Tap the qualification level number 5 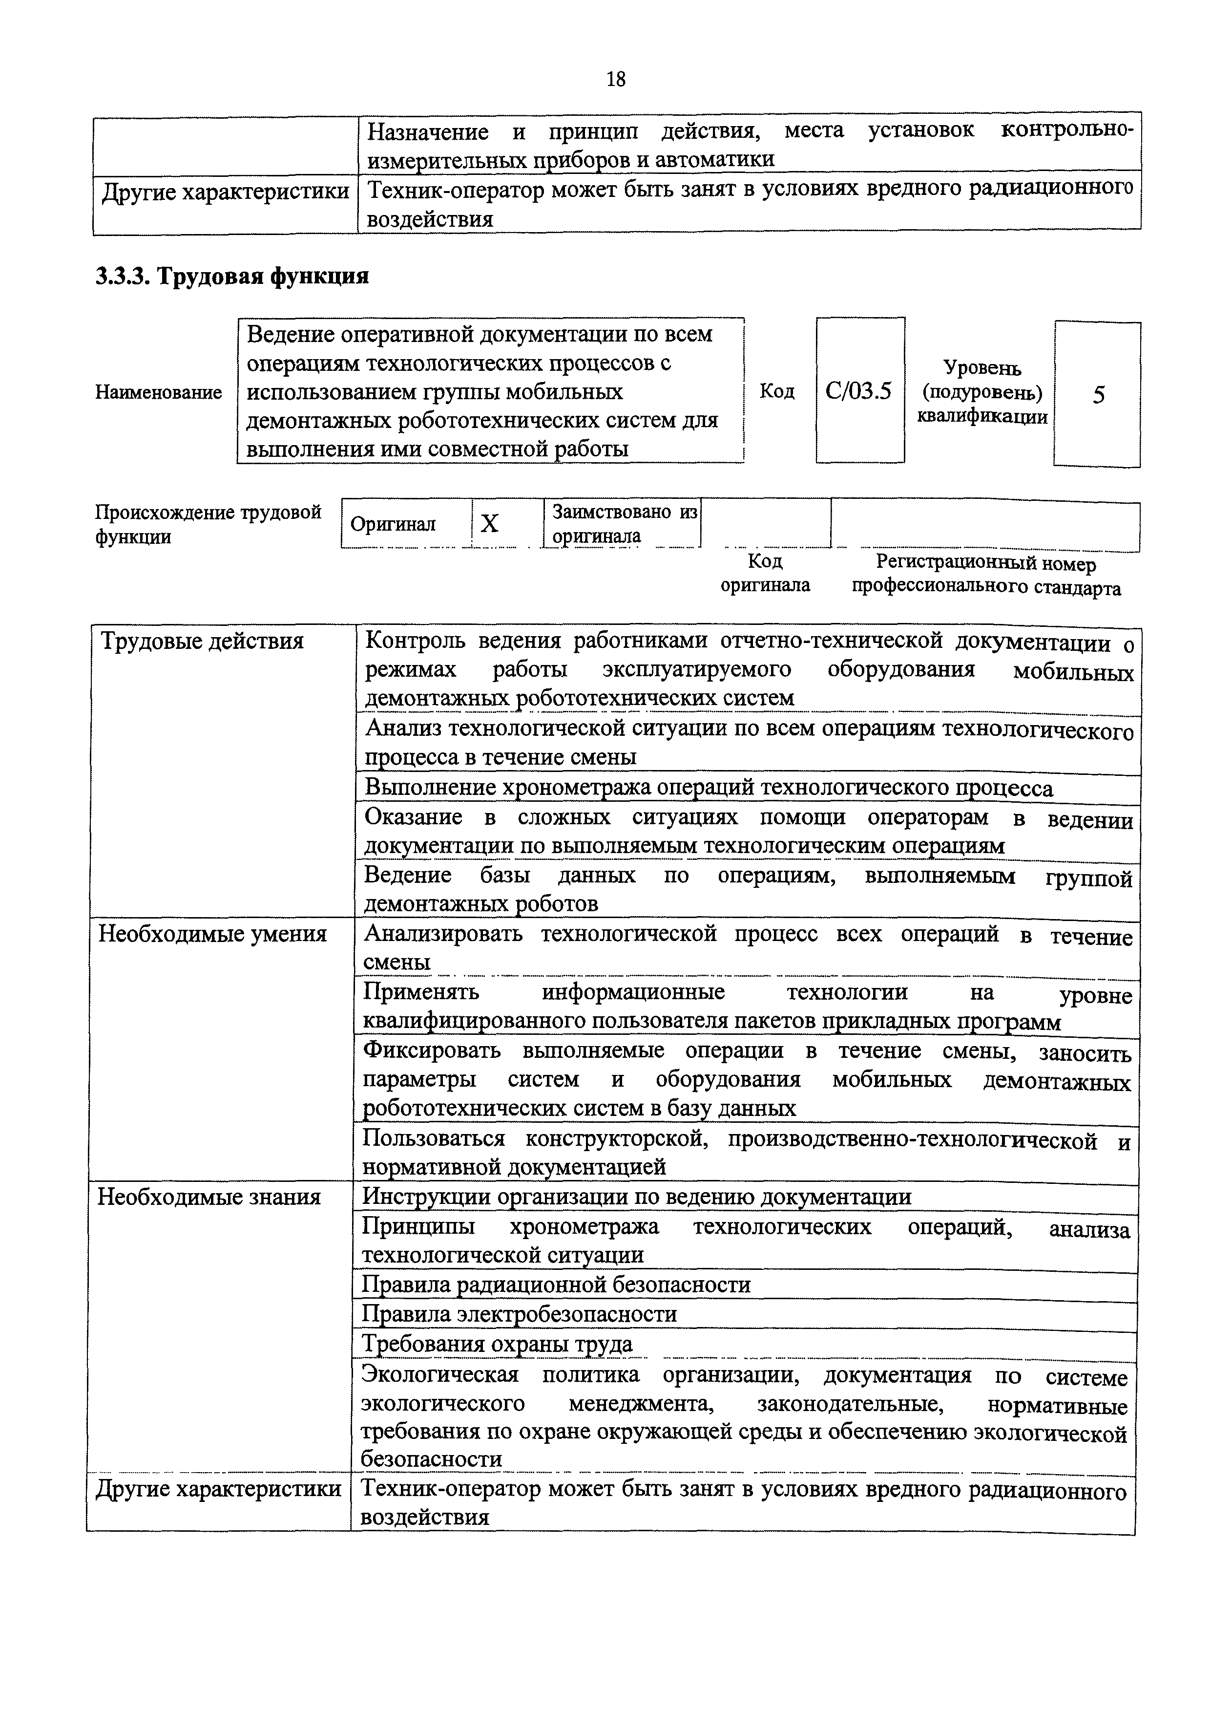click(x=1098, y=395)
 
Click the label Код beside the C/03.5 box click(x=777, y=391)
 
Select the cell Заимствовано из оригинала click(x=624, y=523)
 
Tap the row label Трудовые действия click(x=202, y=641)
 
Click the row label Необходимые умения click(x=212, y=934)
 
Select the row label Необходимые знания click(x=209, y=1198)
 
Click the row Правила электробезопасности click(x=520, y=1314)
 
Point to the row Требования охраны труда click(x=497, y=1344)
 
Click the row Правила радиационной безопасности click(x=556, y=1285)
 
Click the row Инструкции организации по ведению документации click(x=636, y=1198)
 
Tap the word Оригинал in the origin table click(x=393, y=524)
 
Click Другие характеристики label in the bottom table click(x=219, y=1489)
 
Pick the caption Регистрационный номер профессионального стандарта click(x=986, y=576)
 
